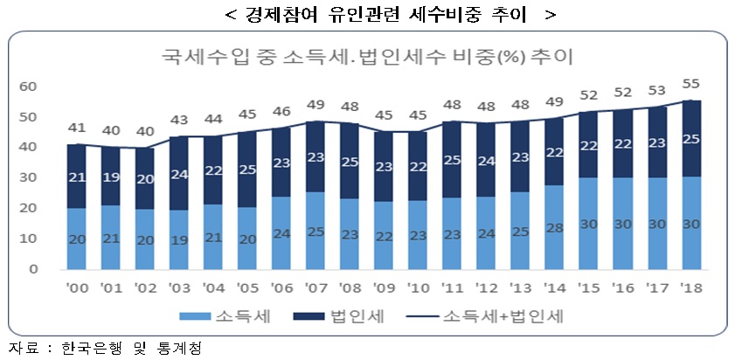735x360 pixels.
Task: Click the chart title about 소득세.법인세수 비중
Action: (x=367, y=59)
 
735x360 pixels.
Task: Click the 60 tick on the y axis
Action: (x=28, y=87)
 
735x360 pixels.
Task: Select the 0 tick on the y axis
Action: (x=32, y=269)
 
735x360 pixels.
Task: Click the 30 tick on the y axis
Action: (x=28, y=177)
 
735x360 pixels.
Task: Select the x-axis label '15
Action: (x=588, y=287)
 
